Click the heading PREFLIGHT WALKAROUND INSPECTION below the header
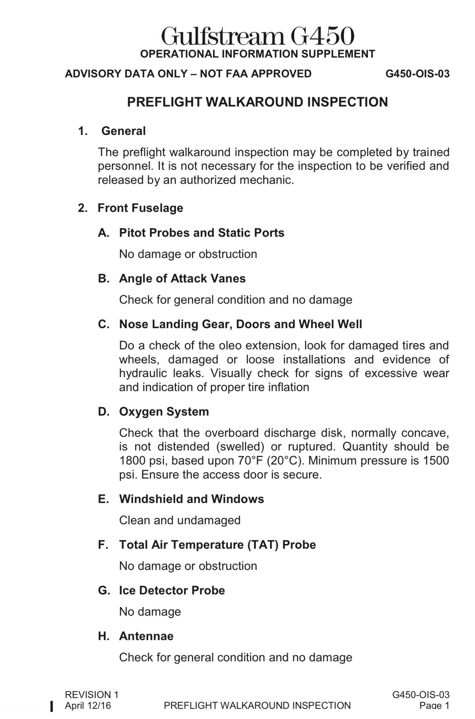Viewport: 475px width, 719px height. click(257, 102)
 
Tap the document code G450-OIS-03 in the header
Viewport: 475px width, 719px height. click(417, 74)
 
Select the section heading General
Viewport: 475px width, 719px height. click(123, 131)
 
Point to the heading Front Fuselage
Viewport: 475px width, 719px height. click(140, 208)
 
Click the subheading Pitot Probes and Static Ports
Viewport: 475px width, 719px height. click(201, 233)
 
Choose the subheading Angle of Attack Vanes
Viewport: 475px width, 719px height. click(182, 279)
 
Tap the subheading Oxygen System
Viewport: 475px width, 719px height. click(164, 412)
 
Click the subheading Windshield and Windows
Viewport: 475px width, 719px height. click(191, 499)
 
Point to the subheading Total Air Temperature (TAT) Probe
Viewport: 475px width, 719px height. click(217, 545)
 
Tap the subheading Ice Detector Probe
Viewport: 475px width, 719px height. click(172, 591)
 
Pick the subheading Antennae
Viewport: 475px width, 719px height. click(146, 636)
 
